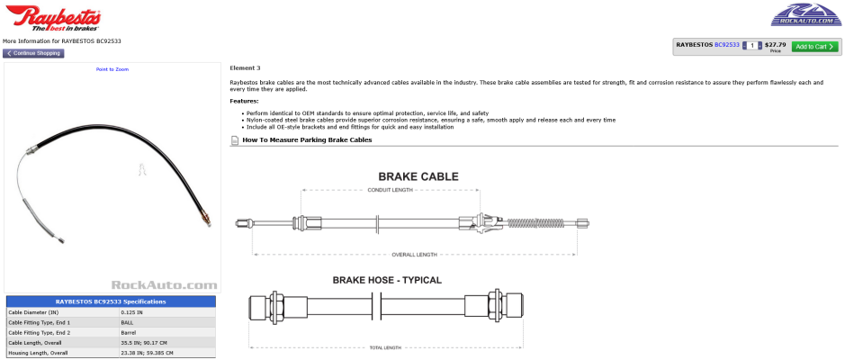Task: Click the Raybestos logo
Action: click(52, 18)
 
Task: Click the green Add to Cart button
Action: click(814, 46)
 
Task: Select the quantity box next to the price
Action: click(751, 45)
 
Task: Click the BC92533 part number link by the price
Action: click(727, 44)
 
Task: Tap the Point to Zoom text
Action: click(112, 69)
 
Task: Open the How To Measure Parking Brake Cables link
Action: click(307, 140)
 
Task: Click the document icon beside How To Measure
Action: click(235, 140)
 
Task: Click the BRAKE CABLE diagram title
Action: click(418, 176)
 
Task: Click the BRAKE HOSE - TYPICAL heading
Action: click(387, 280)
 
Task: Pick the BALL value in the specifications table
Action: click(127, 321)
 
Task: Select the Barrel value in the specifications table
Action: click(129, 332)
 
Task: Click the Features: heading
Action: click(244, 101)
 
